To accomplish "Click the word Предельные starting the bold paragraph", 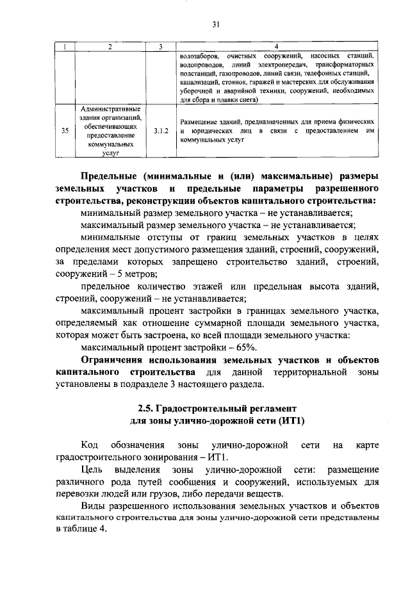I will [109, 176].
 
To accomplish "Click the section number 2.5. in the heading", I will [148, 408].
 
